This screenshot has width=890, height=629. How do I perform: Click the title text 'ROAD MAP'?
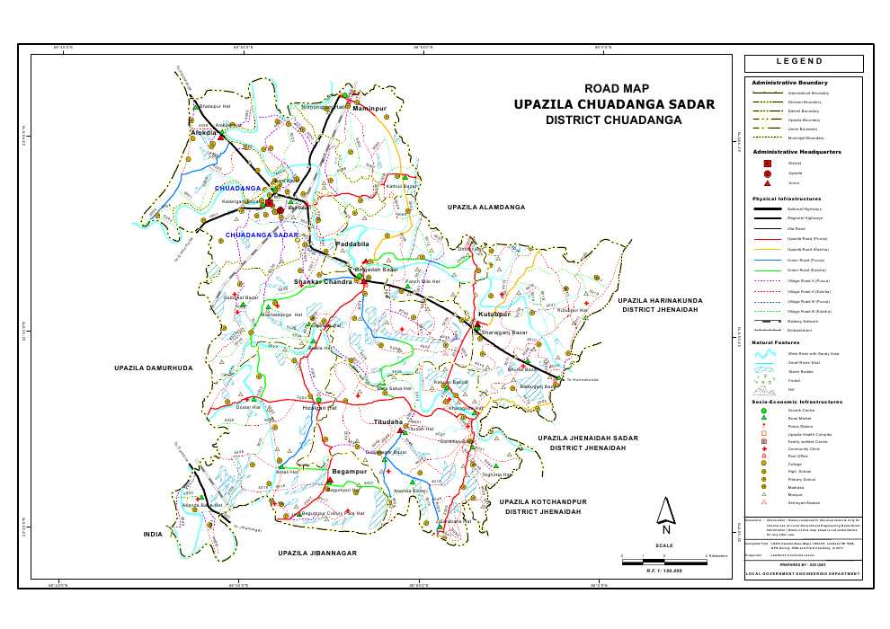click(616, 88)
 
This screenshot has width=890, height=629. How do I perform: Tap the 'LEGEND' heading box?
click(803, 63)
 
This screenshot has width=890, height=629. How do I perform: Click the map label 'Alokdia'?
click(204, 132)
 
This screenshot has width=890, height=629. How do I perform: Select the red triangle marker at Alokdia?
click(220, 135)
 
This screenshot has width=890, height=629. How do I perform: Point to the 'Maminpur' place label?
click(369, 108)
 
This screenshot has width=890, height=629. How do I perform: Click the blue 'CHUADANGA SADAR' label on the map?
click(262, 235)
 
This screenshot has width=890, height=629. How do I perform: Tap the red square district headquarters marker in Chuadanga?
click(269, 203)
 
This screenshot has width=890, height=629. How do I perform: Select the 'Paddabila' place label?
click(352, 244)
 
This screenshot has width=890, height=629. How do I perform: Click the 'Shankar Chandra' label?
click(323, 282)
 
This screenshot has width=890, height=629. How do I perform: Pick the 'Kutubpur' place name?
click(494, 314)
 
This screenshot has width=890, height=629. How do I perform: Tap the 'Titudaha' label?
click(388, 421)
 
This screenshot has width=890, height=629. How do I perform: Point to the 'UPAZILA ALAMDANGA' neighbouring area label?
click(485, 208)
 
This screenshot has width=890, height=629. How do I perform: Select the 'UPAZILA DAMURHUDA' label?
click(154, 368)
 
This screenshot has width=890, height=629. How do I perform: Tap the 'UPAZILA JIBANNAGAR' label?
click(317, 553)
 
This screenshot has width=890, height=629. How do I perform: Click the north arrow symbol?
click(665, 513)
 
